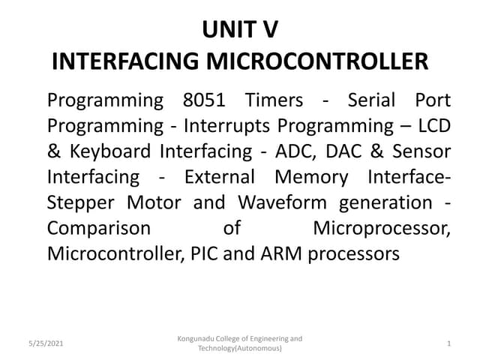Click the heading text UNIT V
240,31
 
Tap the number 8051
208,100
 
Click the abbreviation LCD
434,126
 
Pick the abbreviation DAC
349,151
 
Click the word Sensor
425,151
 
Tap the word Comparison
98,229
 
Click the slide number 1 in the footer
448,344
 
